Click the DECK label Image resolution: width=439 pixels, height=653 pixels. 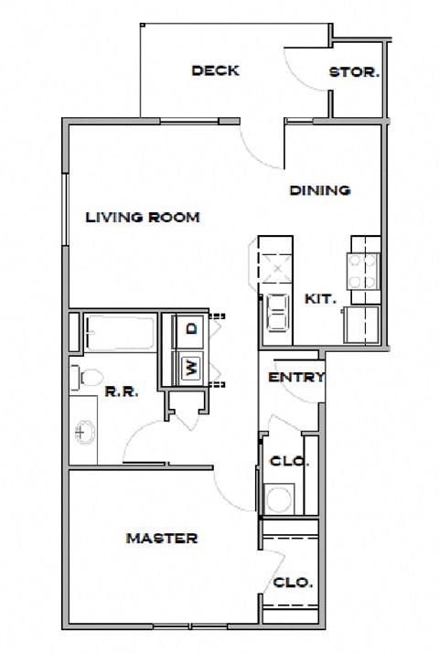click(x=216, y=70)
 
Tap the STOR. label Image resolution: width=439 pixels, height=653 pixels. click(x=354, y=71)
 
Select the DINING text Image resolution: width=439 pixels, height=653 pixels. click(x=320, y=191)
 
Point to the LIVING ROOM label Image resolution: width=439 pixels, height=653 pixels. click(x=143, y=218)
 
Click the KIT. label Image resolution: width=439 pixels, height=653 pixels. click(x=320, y=299)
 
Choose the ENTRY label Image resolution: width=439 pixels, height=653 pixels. click(x=295, y=377)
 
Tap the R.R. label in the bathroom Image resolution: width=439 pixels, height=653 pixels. click(x=121, y=392)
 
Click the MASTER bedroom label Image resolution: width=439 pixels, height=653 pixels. click(x=161, y=538)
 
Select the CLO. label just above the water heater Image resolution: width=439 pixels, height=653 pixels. click(x=290, y=462)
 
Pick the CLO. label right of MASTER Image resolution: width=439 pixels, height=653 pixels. click(x=293, y=582)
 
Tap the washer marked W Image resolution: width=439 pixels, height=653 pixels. click(x=191, y=368)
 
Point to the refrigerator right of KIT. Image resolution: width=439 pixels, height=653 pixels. click(x=361, y=325)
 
